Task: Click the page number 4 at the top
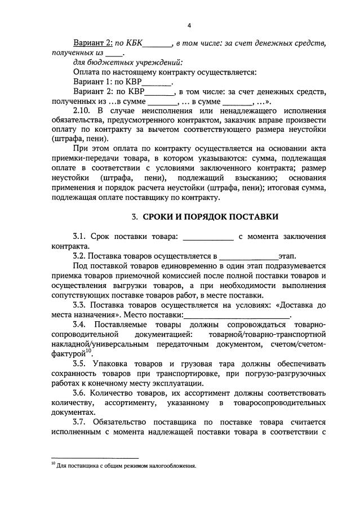189,26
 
